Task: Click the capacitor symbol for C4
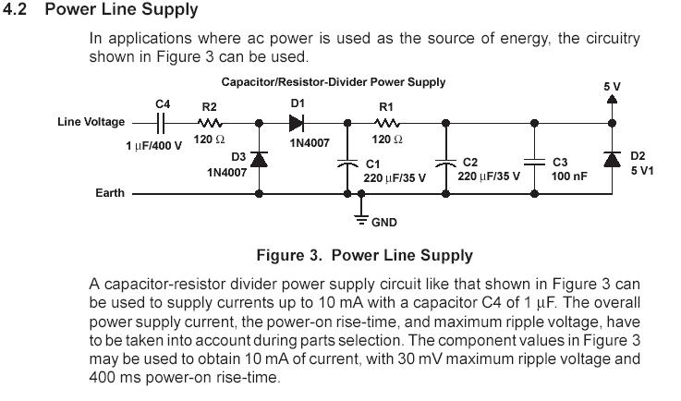[x=161, y=124]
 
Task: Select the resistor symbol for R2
[x=210, y=124]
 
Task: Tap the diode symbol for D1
[x=297, y=124]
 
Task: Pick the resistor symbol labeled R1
[x=387, y=124]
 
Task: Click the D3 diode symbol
[x=260, y=160]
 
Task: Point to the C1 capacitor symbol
[x=347, y=164]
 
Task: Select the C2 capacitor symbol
[x=445, y=164]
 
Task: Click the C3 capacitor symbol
[x=535, y=162]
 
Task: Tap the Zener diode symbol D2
[x=612, y=160]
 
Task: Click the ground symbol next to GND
[x=361, y=219]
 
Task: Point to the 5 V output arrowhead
[x=612, y=99]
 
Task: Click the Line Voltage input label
[x=91, y=122]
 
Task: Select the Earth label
[x=110, y=192]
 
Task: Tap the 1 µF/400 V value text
[x=154, y=146]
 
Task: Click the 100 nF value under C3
[x=569, y=176]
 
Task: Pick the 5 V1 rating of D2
[x=642, y=170]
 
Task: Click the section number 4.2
[x=15, y=9]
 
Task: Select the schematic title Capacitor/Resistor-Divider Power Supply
[x=334, y=82]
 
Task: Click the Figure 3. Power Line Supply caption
[x=365, y=255]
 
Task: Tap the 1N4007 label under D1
[x=310, y=143]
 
